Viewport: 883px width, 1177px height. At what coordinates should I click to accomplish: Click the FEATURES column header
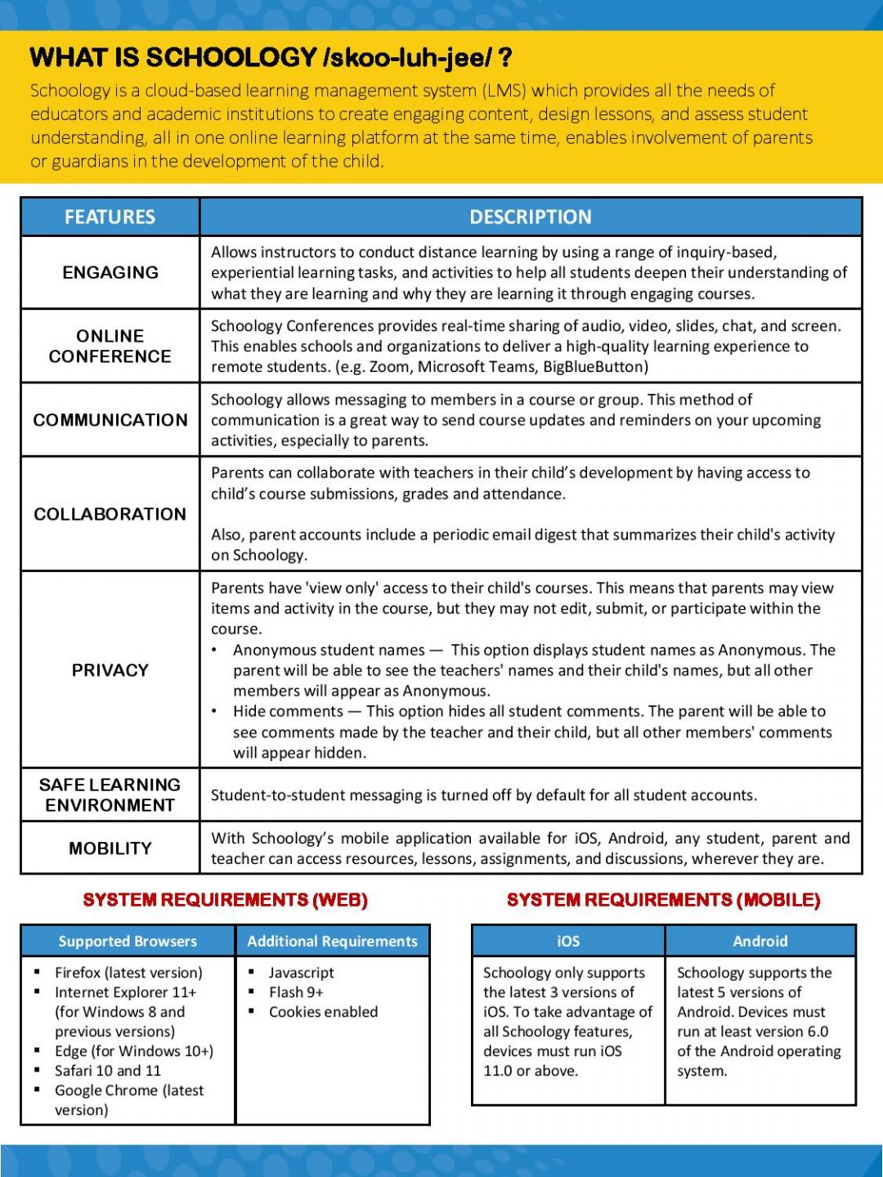110,217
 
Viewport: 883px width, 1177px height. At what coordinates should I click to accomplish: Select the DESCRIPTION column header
530,217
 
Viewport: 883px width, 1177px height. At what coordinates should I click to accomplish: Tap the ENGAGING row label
110,272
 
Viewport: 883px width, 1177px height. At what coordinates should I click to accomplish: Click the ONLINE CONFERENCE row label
110,346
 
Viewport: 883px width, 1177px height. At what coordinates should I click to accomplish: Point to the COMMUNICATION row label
110,419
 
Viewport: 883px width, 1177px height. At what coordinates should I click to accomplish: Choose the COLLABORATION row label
110,513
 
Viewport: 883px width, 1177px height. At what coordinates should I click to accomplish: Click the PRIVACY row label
110,669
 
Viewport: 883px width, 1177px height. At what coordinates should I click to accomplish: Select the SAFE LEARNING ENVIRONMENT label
110,794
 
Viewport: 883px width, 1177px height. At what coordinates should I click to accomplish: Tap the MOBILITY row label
110,848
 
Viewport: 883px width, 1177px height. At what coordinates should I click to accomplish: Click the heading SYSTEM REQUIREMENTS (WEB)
225,900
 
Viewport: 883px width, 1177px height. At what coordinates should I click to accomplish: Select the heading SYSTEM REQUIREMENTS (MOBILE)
663,900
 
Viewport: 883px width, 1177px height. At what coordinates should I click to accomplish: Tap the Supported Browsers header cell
128,941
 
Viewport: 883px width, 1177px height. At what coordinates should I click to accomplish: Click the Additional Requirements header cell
332,941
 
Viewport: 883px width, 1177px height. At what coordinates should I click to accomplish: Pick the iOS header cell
568,941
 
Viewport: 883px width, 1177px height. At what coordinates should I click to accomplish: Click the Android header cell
760,941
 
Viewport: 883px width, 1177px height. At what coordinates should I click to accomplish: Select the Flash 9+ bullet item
296,991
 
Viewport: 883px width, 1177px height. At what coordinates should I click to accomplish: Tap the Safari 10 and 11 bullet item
107,1070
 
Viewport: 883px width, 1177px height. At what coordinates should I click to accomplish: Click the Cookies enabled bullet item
323,1011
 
